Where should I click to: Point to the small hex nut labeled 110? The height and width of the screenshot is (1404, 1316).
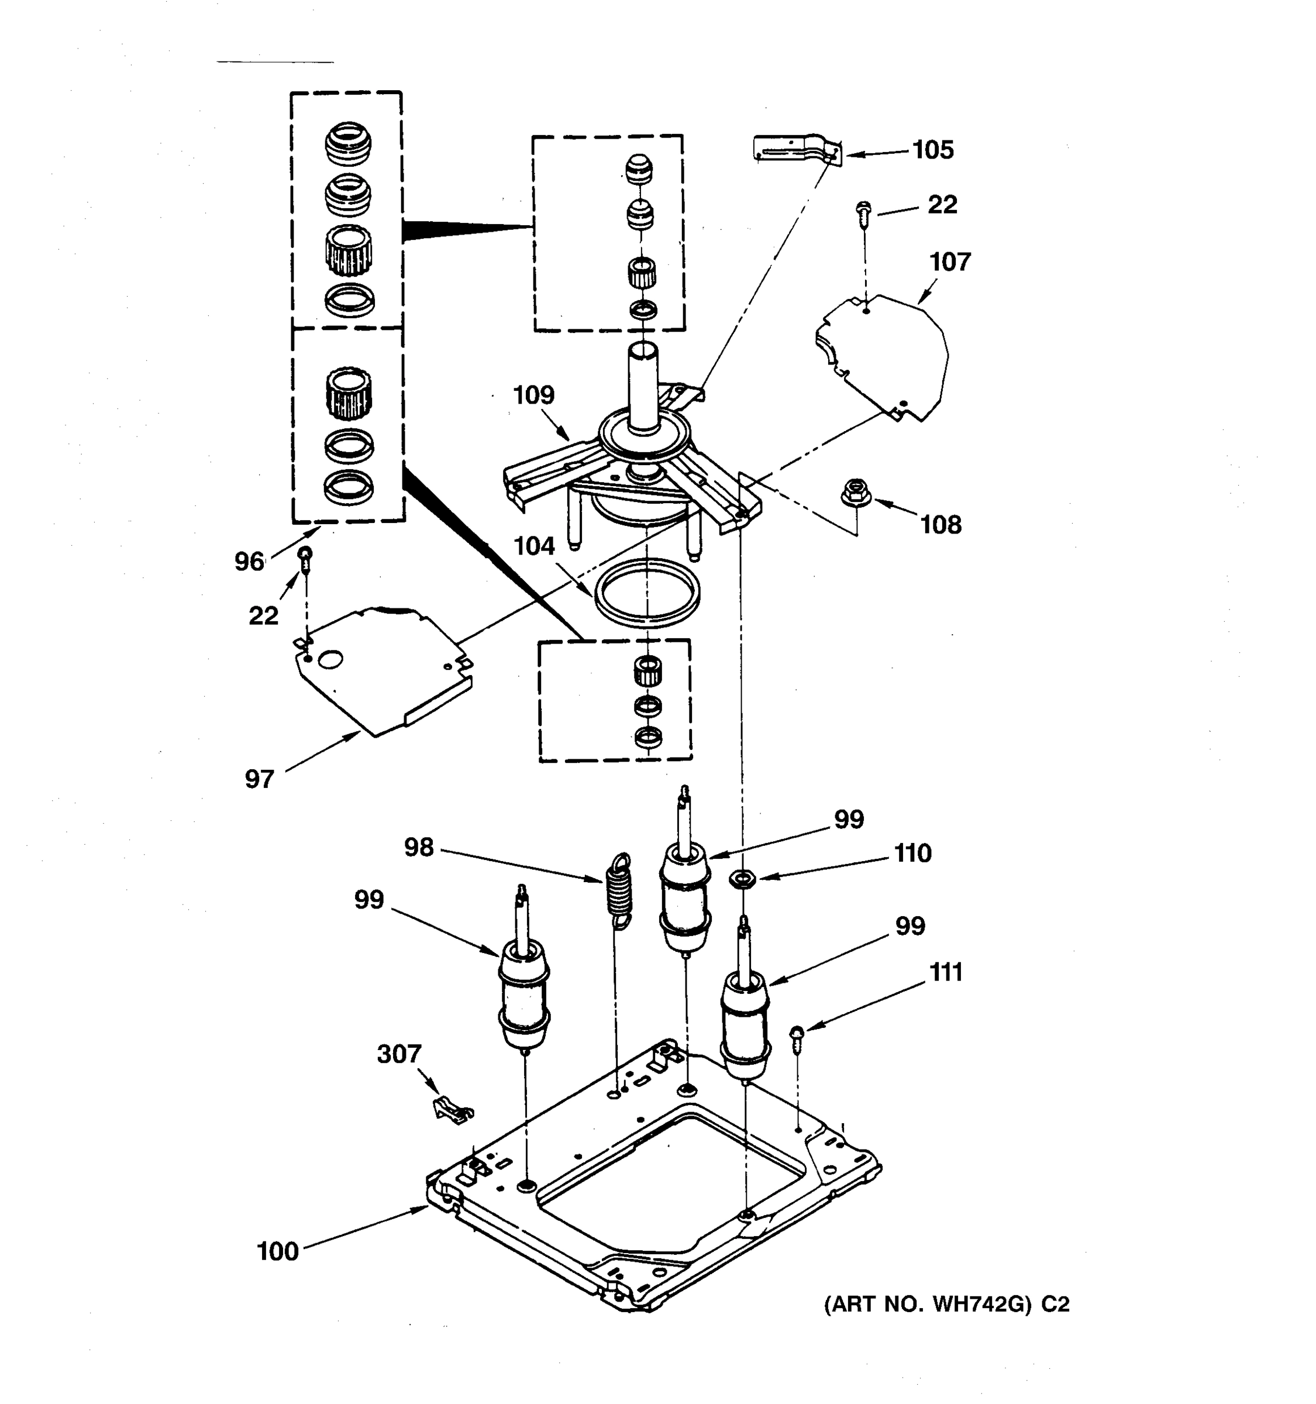click(743, 879)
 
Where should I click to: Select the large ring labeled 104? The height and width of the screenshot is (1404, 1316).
click(647, 592)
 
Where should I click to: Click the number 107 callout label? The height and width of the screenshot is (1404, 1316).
click(950, 262)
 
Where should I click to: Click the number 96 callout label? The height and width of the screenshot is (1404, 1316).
click(249, 562)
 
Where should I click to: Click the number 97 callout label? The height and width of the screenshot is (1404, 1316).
click(259, 779)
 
